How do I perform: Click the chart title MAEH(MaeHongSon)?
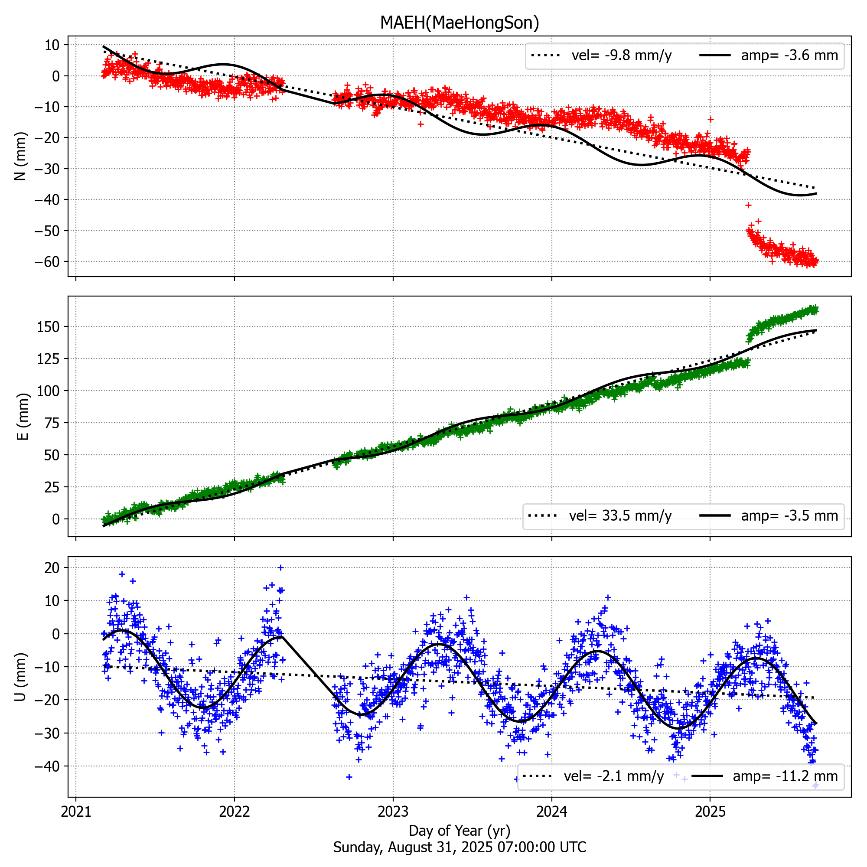(x=459, y=23)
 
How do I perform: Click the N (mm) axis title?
(x=21, y=156)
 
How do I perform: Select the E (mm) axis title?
(x=23, y=417)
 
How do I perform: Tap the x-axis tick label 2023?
(x=393, y=812)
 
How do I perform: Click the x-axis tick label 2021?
(x=75, y=812)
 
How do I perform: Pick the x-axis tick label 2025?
(x=710, y=812)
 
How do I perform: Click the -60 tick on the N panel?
(x=47, y=262)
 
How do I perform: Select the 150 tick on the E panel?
(x=49, y=327)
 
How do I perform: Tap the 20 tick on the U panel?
(x=52, y=568)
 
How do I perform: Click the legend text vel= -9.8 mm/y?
(x=622, y=55)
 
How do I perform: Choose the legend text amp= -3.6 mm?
(x=789, y=55)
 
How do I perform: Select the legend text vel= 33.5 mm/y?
(x=620, y=516)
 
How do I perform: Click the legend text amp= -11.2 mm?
(x=785, y=776)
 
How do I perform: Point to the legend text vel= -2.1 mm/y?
(x=613, y=776)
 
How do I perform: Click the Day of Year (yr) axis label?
(x=459, y=831)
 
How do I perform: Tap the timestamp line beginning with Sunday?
(x=459, y=847)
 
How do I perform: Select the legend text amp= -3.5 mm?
(x=789, y=516)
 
